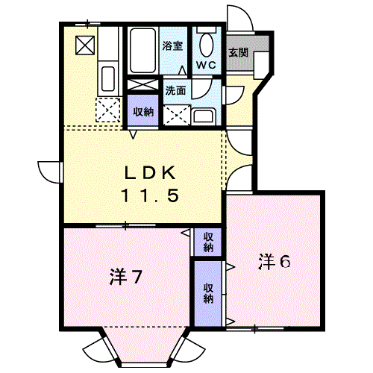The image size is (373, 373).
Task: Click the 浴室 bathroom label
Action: pos(173,46)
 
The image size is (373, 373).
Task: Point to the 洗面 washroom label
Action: pos(175,91)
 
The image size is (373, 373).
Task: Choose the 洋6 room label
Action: pos(274,262)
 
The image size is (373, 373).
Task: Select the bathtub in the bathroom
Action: pos(142,51)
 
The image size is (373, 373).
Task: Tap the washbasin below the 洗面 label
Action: pos(202,116)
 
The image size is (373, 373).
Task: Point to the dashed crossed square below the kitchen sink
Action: pos(109,112)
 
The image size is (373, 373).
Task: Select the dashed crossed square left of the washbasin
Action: pos(176,115)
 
